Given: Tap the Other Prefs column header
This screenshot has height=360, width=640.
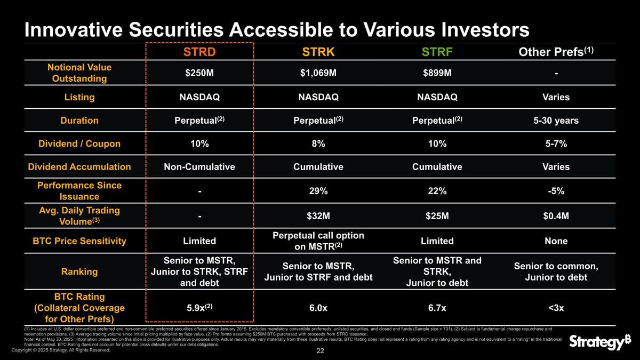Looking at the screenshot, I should coord(556,53).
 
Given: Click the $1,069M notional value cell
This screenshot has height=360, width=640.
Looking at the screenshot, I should coord(318,73).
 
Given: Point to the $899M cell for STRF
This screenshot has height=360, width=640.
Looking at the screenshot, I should coord(437,73).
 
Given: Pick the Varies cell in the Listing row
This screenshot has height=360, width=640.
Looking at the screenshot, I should coord(556,98).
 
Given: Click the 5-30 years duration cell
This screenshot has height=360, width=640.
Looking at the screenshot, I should coord(556,121).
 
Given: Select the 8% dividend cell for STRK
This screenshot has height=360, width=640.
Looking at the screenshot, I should coord(318,143).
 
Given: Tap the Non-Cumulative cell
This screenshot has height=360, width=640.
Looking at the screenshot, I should coord(199,167).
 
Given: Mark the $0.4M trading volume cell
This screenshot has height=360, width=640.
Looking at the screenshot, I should coord(556,216).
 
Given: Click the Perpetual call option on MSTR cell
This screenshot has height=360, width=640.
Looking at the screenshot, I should coord(318,241).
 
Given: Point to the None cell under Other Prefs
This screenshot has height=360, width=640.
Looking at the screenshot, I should coord(556,241).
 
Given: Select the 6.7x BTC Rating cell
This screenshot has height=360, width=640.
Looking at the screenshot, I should coord(437,308).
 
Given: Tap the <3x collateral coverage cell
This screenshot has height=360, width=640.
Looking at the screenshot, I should coord(556,308).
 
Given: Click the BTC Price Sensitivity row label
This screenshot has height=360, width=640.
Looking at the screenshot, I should coord(79,241).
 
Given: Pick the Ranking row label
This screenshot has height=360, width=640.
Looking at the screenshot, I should coord(79,271).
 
